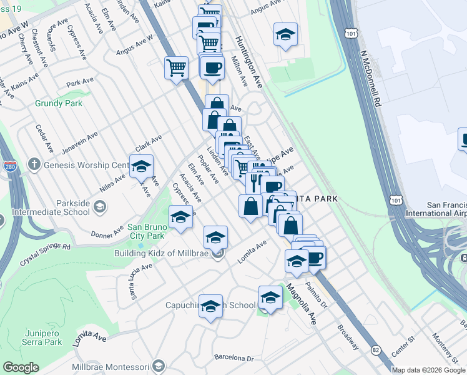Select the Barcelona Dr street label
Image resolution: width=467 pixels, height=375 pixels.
[x=234, y=359]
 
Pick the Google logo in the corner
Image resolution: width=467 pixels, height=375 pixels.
[x=21, y=367]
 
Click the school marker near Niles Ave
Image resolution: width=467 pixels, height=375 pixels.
[x=142, y=167]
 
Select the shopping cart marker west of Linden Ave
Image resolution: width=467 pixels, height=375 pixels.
[x=177, y=67]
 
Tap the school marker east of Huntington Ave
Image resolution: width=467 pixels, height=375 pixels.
[x=285, y=34]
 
